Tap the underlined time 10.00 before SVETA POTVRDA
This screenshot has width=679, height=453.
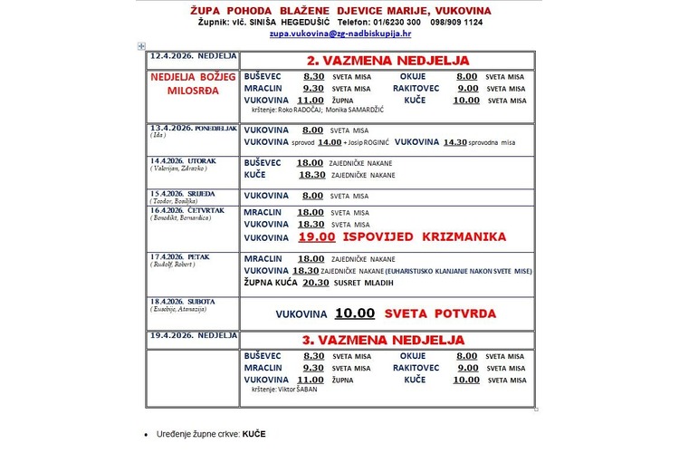(x=354, y=313)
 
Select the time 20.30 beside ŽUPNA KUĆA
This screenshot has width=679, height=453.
(x=315, y=283)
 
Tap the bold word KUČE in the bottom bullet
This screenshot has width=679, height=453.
(x=254, y=434)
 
